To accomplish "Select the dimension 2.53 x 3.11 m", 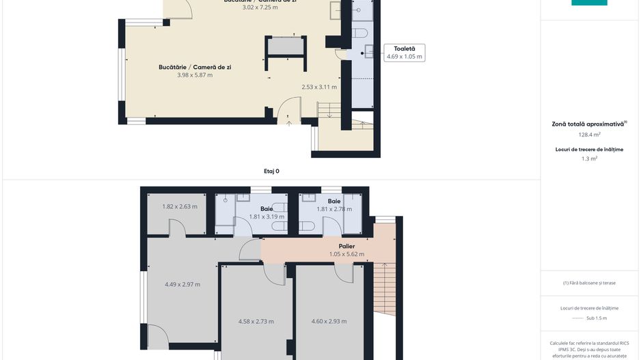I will [x=319, y=87].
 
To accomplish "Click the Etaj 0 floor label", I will [x=271, y=171].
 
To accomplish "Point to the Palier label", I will [x=346, y=246].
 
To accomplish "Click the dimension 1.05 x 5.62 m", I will [x=346, y=254].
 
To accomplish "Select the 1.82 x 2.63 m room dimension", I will [x=180, y=206].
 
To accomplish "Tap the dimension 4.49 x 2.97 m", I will [x=182, y=284].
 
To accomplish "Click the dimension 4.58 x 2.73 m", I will [x=256, y=321].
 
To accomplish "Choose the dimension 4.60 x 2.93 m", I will [x=329, y=321].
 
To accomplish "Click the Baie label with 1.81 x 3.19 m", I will [x=267, y=209].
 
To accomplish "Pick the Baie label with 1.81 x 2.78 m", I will [x=334, y=202].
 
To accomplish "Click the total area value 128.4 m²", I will [x=589, y=135].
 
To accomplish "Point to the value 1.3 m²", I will [x=589, y=158].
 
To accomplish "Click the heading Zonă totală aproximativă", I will [x=588, y=124].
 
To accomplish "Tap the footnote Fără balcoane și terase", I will [x=589, y=283].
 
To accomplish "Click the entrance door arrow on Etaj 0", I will [x=289, y=124].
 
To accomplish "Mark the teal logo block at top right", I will [x=589, y=3].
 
